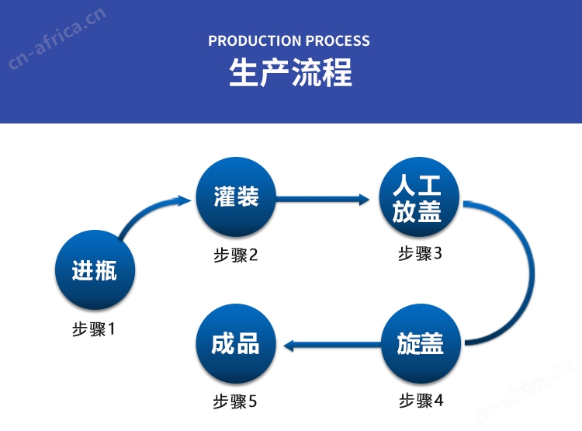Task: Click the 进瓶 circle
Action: (95, 269)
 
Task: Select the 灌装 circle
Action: (236, 196)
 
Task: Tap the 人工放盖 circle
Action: (419, 196)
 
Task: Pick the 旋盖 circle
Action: (421, 343)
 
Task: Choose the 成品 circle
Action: (236, 343)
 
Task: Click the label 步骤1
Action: (94, 328)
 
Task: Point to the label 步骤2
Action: (235, 255)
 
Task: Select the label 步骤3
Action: (420, 253)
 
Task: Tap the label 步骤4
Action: (421, 401)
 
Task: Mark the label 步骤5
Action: (234, 401)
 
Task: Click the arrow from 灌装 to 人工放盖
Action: (323, 200)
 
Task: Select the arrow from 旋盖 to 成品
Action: (333, 346)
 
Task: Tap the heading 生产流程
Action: (291, 72)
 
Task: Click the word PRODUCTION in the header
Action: (255, 40)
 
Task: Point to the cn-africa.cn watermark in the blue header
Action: (57, 38)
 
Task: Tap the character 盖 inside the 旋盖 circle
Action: (431, 343)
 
